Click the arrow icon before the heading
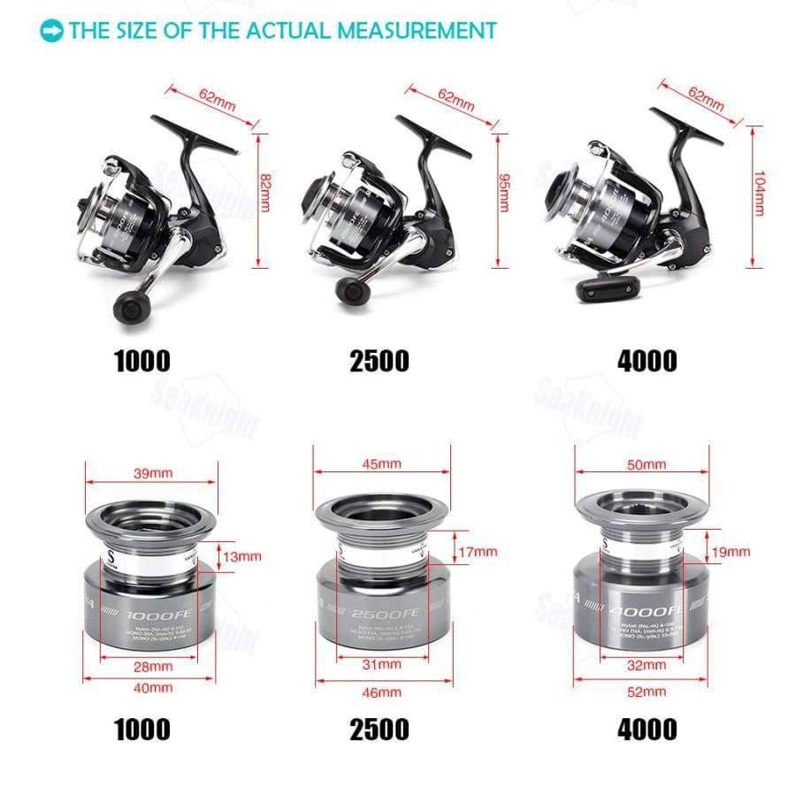click(x=52, y=31)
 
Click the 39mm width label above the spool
click(x=153, y=473)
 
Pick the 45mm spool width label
click(x=383, y=463)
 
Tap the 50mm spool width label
click(x=647, y=464)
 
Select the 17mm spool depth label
click(x=478, y=552)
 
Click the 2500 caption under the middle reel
click(x=379, y=361)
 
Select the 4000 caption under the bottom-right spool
click(x=647, y=729)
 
